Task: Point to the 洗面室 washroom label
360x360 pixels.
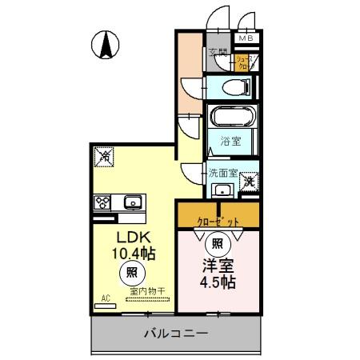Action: click(x=223, y=171)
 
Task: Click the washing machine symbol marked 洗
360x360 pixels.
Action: click(x=249, y=183)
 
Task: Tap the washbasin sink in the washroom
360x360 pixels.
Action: click(x=222, y=190)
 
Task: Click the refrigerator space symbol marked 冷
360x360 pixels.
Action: click(x=105, y=158)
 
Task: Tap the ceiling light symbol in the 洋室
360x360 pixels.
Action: click(x=217, y=242)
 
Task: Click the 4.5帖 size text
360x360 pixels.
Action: click(x=216, y=282)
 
